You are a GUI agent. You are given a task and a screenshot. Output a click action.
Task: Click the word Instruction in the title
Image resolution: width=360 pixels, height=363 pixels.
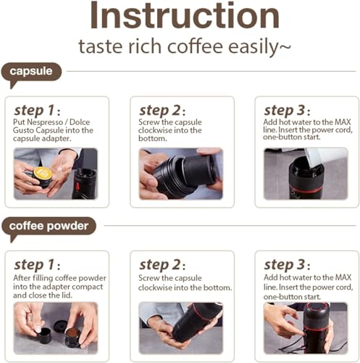click(185, 15)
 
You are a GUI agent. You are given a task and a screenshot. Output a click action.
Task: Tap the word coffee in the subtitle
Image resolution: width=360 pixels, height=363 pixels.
click(195, 46)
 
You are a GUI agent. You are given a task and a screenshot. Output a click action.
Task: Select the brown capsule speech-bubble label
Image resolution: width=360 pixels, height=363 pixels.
click(31, 72)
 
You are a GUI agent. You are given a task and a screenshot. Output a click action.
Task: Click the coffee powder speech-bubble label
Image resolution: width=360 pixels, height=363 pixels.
click(49, 227)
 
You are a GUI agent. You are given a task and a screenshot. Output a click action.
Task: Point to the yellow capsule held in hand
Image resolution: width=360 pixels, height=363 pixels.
click(43, 174)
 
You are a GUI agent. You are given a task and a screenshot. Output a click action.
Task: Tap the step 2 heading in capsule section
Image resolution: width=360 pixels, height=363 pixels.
click(162, 110)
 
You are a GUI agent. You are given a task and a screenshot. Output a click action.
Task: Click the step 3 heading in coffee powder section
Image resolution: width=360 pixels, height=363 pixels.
click(287, 265)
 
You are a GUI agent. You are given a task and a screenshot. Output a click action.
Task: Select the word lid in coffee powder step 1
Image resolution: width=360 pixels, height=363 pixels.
click(67, 295)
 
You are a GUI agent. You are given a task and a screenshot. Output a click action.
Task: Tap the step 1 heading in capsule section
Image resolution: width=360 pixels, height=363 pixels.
click(37, 110)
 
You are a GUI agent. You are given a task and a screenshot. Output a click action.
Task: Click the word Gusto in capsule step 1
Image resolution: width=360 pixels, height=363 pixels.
click(23, 130)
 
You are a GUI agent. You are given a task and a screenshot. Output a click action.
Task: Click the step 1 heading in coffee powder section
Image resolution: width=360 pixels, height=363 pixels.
click(37, 265)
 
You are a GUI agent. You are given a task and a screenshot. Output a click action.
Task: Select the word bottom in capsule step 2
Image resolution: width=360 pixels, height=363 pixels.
click(152, 139)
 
